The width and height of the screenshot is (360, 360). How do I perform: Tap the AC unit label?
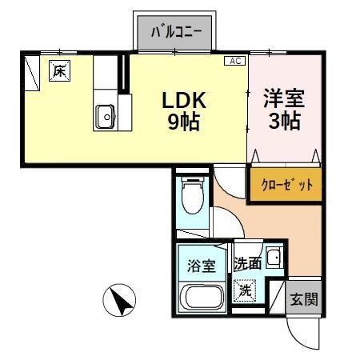(235, 61)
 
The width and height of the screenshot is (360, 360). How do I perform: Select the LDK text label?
(185, 101)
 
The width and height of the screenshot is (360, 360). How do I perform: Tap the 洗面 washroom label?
(247, 263)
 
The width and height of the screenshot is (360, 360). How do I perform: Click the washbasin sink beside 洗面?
(274, 258)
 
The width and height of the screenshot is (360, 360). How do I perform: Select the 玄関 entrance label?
(304, 300)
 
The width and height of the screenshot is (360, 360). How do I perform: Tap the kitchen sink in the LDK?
(105, 117)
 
